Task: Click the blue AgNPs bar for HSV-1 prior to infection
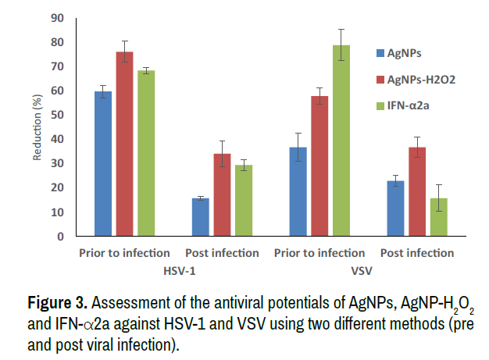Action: pyautogui.click(x=103, y=163)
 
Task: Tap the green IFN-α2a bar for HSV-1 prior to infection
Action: pyautogui.click(x=146, y=153)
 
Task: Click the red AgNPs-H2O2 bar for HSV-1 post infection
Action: pyautogui.click(x=223, y=194)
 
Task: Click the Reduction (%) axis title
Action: pyautogui.click(x=37, y=127)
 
